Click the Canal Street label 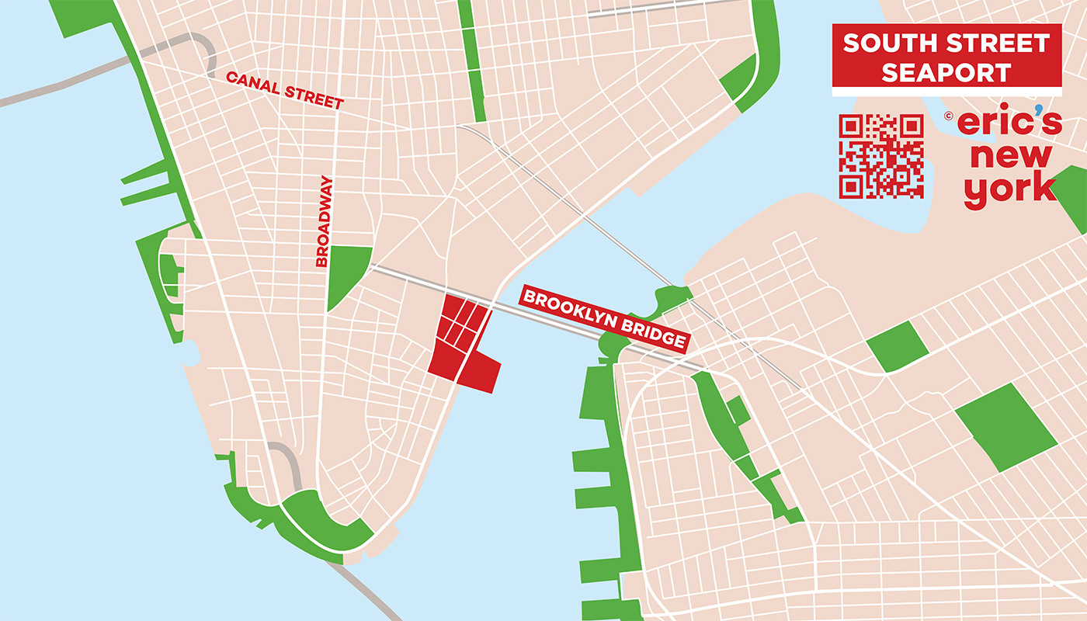click(284, 90)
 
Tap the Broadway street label click(325, 222)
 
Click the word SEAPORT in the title click(946, 72)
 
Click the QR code click(881, 156)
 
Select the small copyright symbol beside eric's click(948, 116)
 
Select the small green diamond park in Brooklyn click(898, 346)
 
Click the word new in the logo click(1011, 157)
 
